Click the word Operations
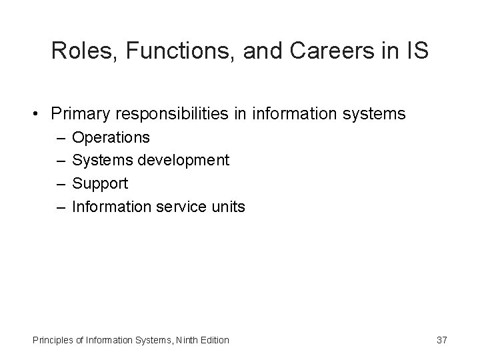pos(111,138)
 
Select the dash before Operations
pos(61,138)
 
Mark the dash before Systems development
pos(61,161)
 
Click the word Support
pos(99,183)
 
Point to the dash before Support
pos(61,183)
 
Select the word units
pos(229,207)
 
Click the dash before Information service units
pos(61,207)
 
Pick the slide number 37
pos(441,340)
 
